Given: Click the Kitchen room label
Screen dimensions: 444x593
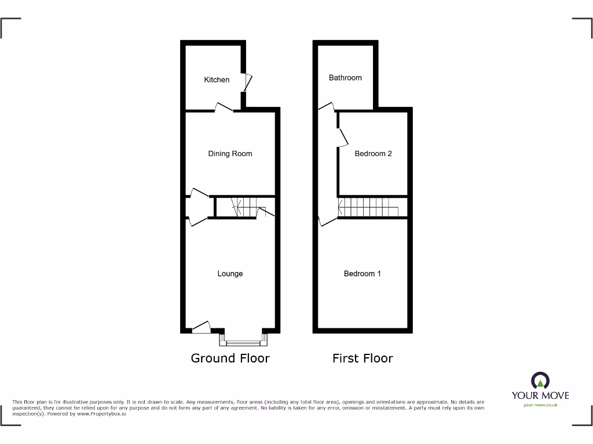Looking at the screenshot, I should point(217,80).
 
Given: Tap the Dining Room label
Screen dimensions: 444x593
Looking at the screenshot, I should point(230,154).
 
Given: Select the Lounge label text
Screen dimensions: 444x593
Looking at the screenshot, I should point(230,273).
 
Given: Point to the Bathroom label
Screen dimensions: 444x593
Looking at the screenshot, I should point(345,77).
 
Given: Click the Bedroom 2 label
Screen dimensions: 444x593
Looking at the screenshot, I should point(373,154).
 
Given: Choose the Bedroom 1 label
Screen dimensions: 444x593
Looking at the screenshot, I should point(363,273).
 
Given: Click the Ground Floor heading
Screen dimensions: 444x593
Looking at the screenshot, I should point(230,358).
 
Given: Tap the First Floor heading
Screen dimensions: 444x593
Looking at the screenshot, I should point(363,358).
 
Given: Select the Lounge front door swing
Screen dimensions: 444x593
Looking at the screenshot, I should point(201,328).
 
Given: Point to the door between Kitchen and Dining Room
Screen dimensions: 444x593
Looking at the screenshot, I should point(224,108).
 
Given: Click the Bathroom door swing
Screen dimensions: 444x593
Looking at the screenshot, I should point(326,106).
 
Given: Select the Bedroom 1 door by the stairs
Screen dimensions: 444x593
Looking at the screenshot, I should point(327,220).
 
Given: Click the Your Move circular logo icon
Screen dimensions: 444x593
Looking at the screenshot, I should point(540,380).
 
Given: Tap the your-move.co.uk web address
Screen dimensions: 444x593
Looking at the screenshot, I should point(540,405).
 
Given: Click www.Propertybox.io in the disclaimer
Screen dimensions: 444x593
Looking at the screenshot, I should point(102,413).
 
